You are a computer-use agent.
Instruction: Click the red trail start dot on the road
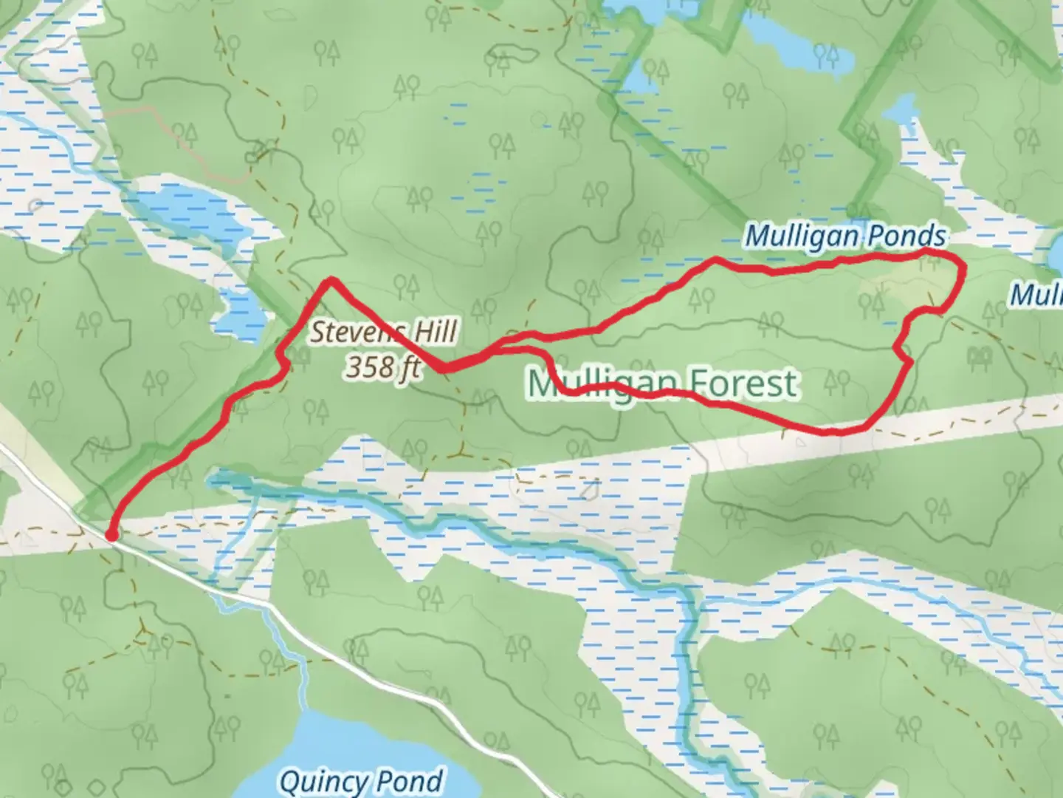[x=111, y=535]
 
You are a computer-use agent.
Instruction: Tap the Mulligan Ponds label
[x=844, y=236]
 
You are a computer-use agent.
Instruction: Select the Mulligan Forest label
[x=662, y=383]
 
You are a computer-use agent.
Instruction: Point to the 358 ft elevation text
[x=383, y=367]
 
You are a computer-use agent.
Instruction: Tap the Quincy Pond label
[x=361, y=781]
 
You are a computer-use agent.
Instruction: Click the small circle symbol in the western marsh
[x=35, y=205]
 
